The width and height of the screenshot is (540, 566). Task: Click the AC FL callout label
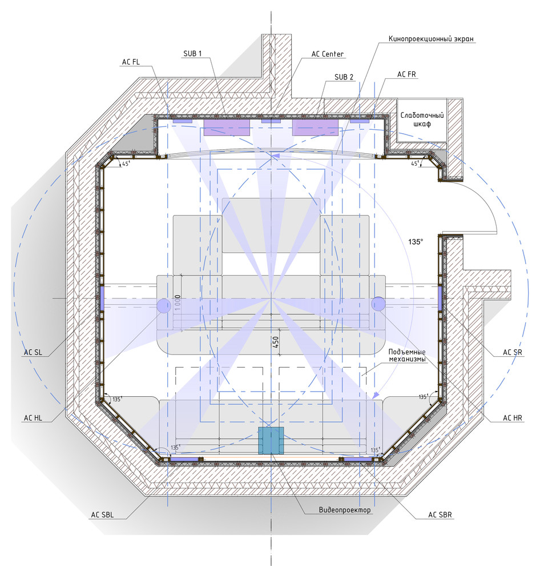click(131, 62)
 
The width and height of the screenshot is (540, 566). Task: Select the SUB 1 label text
click(192, 54)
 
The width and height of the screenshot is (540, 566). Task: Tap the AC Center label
click(327, 54)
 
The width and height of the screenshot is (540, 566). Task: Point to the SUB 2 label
click(344, 77)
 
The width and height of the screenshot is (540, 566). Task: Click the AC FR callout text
click(406, 74)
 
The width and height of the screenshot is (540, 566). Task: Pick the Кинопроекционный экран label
click(431, 39)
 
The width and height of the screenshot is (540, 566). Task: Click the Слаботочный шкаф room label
click(422, 119)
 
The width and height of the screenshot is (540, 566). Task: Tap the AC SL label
click(33, 352)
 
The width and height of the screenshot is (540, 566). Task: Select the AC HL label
click(33, 418)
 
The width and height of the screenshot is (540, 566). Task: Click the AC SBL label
click(102, 515)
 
